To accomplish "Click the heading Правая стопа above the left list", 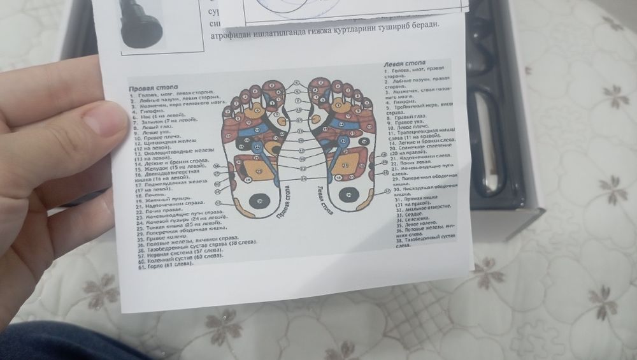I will pos(153,87).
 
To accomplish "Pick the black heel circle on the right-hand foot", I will pos(348,195).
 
